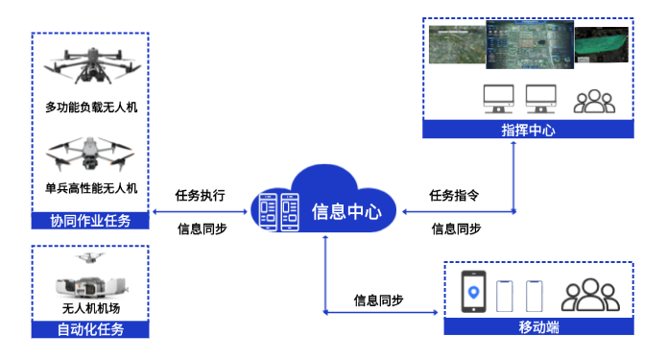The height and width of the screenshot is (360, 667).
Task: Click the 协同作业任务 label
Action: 90,221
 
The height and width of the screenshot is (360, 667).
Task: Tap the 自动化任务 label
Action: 90,329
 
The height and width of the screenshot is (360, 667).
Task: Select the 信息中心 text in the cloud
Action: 346,211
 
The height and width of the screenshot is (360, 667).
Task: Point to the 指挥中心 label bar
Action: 528,131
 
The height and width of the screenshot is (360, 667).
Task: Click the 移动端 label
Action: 538,326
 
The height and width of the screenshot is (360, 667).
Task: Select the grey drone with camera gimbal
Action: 90,154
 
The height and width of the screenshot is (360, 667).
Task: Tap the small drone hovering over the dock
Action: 89,258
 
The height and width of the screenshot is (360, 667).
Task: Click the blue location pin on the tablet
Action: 473,290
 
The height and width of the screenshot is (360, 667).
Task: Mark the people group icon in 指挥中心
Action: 594,100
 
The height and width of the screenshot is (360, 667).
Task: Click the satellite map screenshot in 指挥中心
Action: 456,44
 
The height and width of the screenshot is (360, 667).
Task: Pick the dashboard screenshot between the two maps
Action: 529,44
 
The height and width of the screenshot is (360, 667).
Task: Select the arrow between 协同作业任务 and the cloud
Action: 200,212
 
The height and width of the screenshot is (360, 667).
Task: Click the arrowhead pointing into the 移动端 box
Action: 437,312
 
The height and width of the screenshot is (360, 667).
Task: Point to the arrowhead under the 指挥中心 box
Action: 514,147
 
